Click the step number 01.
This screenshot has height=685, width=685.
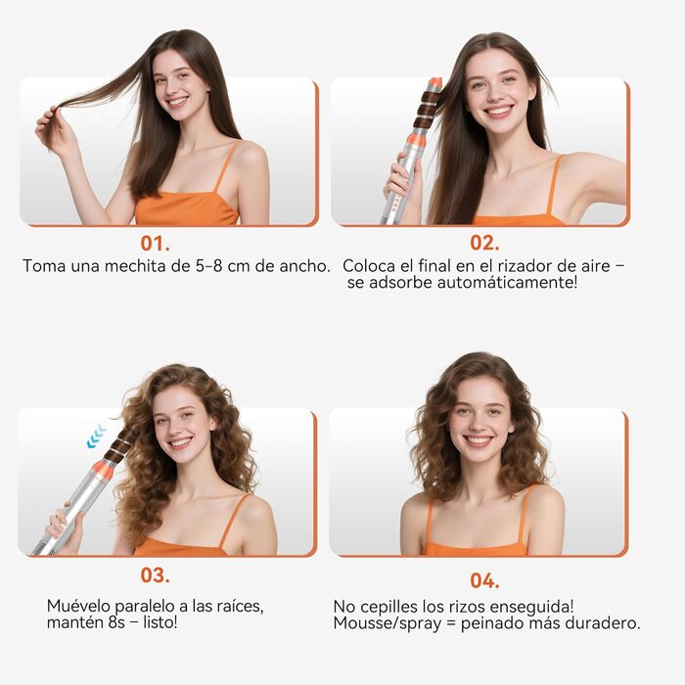[154, 242]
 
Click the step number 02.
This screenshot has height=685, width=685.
[483, 243]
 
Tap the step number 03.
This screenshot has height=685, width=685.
[155, 574]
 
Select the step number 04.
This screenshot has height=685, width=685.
[483, 580]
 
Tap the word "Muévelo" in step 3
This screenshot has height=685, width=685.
[80, 606]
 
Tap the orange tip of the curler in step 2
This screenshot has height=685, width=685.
[434, 83]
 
